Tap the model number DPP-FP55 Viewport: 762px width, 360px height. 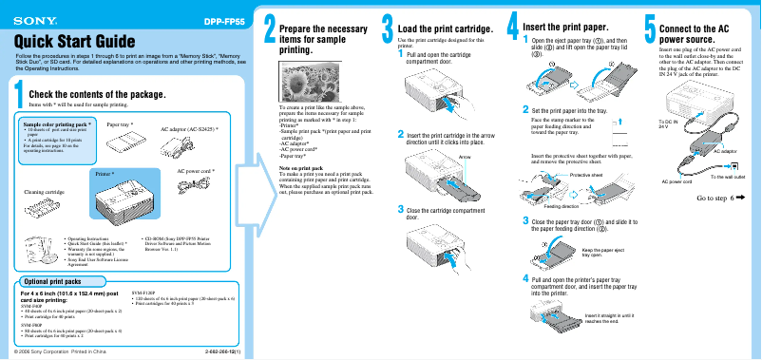click(x=224, y=19)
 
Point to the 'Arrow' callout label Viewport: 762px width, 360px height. click(x=464, y=156)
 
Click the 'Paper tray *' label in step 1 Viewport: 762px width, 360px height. click(x=120, y=124)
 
